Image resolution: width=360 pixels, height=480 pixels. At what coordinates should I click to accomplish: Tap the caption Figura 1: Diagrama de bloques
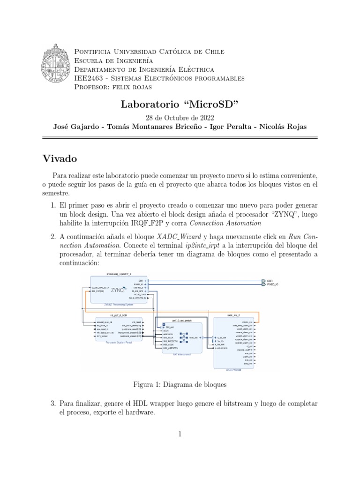180,384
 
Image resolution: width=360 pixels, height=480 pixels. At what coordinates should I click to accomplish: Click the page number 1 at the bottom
180,435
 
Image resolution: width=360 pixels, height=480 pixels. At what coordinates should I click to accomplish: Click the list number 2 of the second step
52,237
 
